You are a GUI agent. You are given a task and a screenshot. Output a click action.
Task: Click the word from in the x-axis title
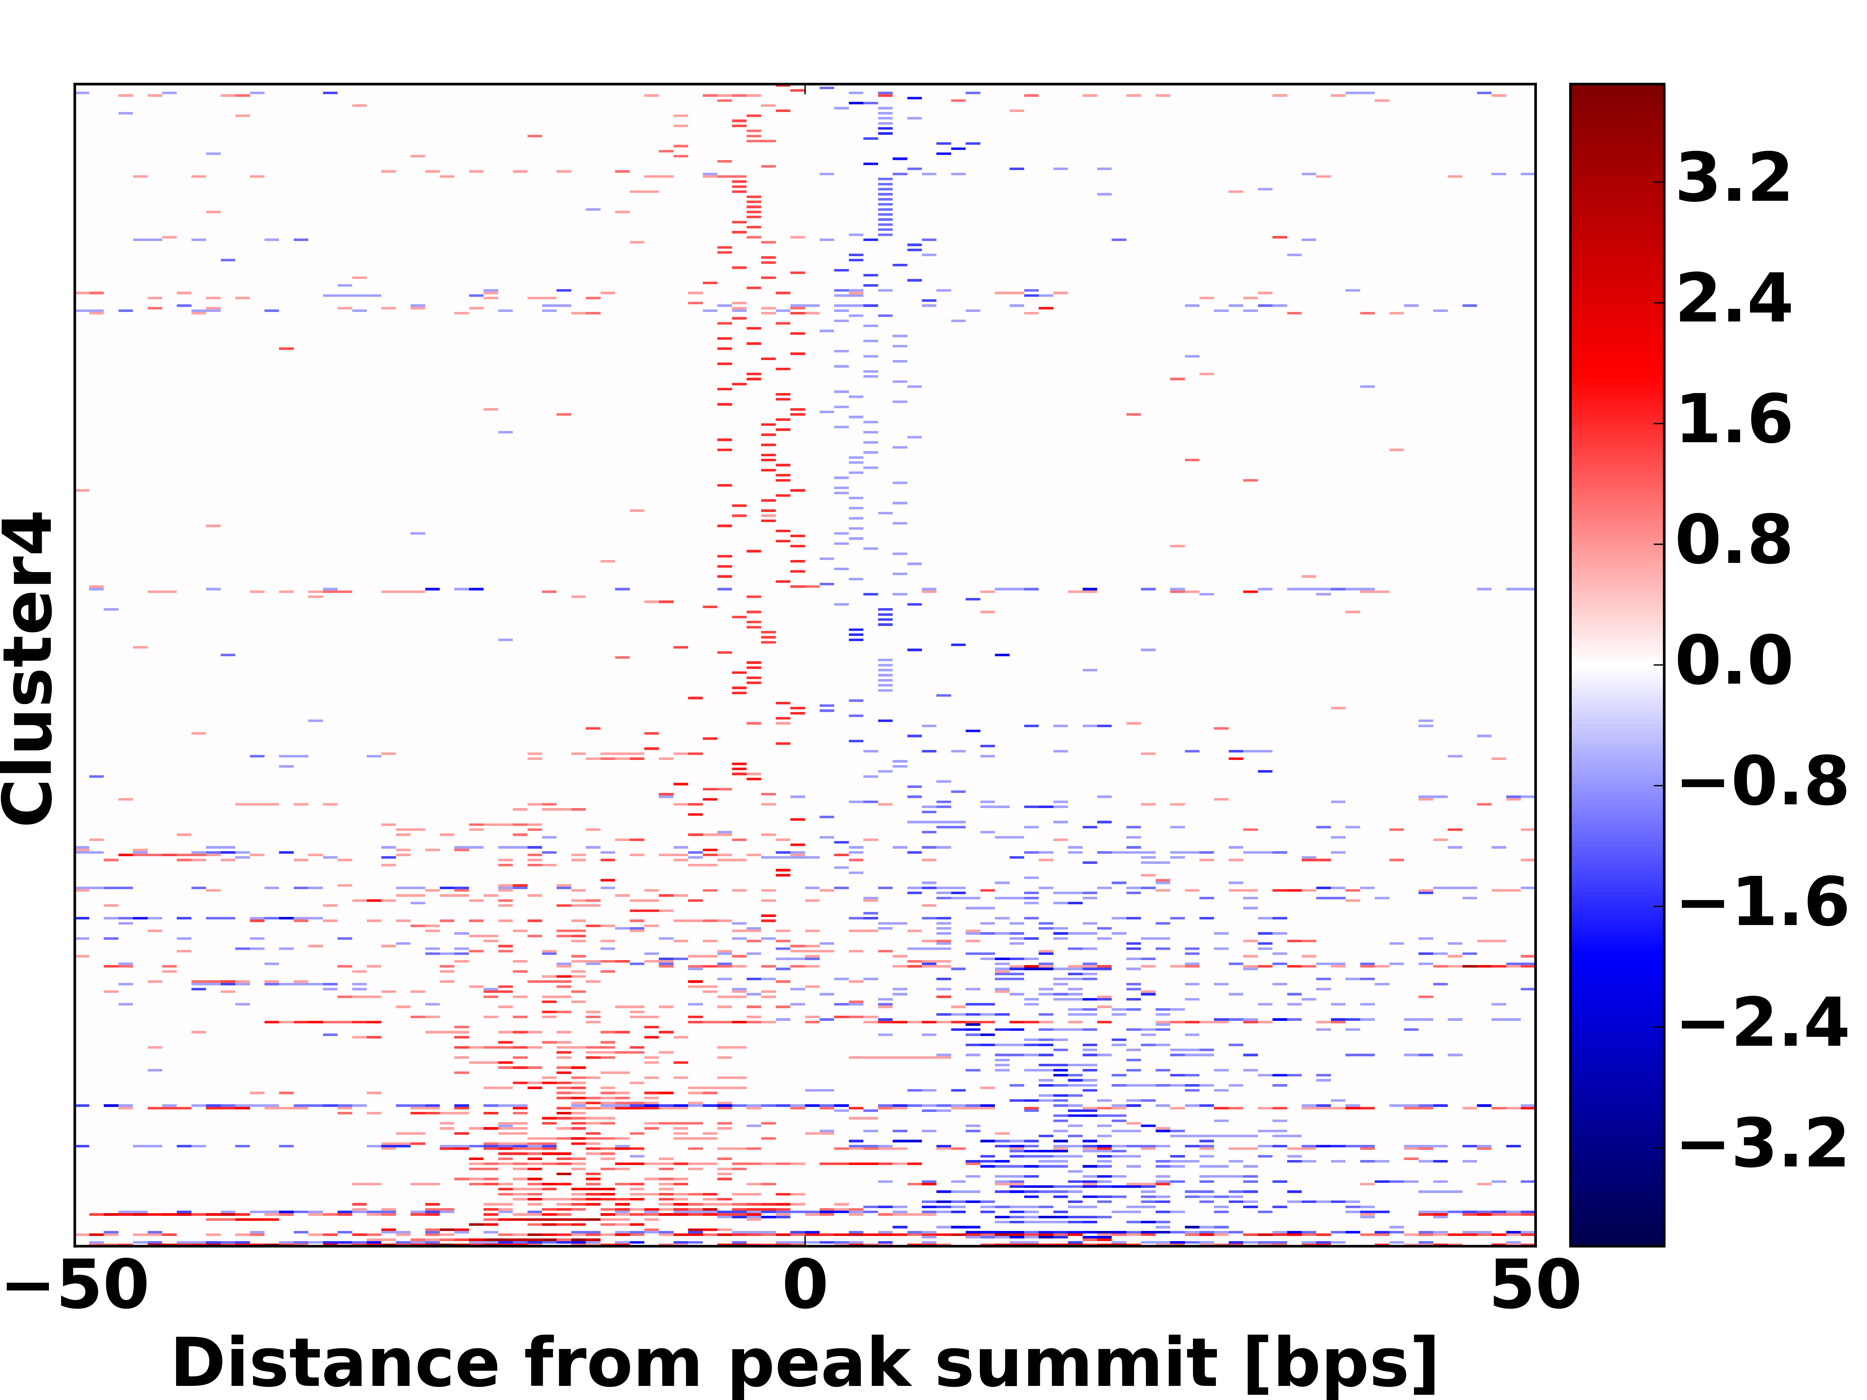point(612,1365)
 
